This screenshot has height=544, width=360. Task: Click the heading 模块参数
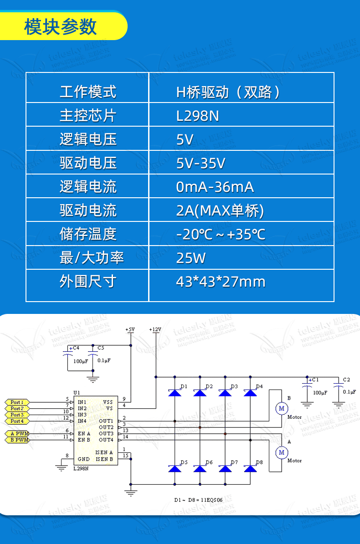(61, 27)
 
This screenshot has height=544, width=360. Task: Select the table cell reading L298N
(198, 116)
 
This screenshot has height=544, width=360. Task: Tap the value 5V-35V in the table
(201, 163)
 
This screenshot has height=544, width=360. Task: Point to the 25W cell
(190, 258)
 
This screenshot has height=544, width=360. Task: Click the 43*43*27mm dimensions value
(221, 282)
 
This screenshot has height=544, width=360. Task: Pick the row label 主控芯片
(87, 116)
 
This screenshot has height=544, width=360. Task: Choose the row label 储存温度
(87, 234)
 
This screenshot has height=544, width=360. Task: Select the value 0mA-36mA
(215, 187)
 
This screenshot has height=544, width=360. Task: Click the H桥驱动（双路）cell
(228, 92)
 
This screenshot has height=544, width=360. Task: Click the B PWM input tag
(18, 440)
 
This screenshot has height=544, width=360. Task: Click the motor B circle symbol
(281, 408)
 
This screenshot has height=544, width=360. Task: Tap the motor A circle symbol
(281, 452)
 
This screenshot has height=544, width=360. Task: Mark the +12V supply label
(155, 328)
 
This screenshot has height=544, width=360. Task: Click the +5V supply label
(130, 328)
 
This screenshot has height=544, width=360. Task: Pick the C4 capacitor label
(76, 348)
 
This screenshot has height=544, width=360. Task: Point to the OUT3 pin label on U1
(106, 433)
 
